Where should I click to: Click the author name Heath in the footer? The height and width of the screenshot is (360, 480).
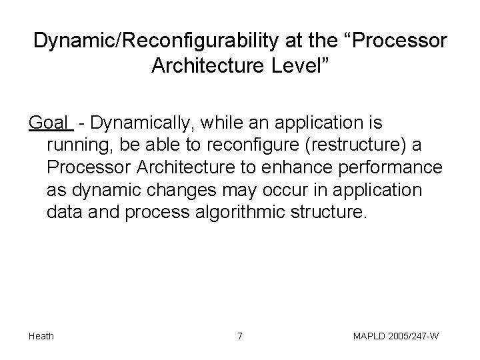click(x=41, y=336)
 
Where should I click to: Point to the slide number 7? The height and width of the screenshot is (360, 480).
click(x=239, y=336)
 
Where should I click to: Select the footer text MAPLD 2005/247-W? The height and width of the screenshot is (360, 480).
click(x=395, y=336)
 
